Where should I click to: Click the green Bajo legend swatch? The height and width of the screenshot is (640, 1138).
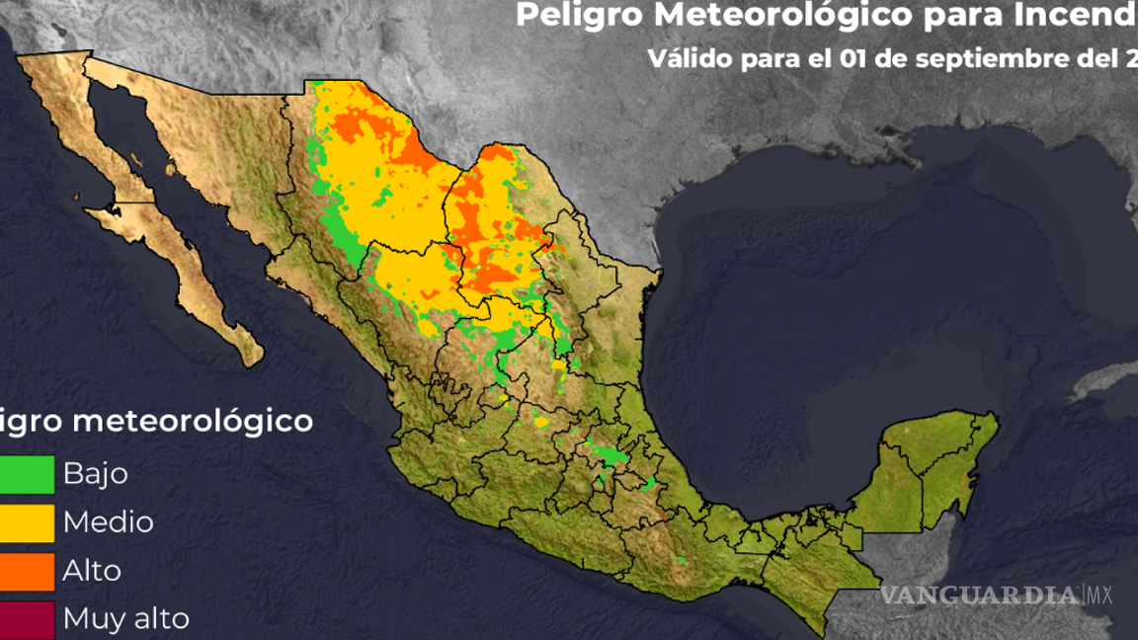[27, 474]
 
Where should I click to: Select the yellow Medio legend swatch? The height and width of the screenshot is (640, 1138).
[27, 522]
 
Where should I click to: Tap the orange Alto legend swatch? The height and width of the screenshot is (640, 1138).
[27, 571]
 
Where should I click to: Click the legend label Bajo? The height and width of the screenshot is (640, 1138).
[96, 474]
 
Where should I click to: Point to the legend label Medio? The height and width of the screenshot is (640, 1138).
[109, 522]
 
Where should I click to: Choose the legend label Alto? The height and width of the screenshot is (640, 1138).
[93, 571]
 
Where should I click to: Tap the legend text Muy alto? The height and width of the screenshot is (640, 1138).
[126, 620]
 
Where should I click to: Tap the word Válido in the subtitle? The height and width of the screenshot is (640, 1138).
[692, 57]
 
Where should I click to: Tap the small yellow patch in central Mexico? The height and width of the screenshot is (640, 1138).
[541, 422]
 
